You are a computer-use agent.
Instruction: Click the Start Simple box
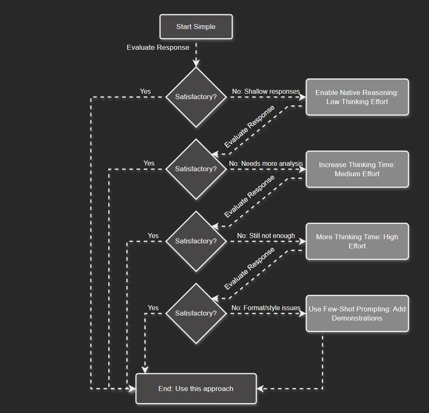196,27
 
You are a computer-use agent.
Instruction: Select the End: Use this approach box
196,389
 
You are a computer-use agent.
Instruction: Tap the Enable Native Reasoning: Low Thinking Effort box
357,97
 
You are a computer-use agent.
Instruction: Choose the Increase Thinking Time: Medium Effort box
357,169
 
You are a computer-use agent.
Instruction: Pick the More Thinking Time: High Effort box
357,241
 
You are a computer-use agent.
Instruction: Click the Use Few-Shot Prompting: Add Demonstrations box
357,313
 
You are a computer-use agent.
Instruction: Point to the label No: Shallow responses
266,91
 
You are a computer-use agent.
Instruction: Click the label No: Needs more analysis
266,163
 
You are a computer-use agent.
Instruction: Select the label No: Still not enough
266,236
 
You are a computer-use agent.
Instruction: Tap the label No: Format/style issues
266,308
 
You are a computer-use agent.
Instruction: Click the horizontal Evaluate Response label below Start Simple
158,47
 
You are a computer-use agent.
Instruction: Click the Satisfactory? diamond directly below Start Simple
196,97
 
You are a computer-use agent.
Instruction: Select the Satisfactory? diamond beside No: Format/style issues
196,313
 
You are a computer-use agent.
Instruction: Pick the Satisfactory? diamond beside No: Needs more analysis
196,169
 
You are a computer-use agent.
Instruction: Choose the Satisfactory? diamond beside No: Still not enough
196,241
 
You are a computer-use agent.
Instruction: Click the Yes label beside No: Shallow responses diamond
145,91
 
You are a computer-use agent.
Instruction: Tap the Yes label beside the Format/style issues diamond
153,308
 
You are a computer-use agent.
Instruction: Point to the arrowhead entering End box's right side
260,389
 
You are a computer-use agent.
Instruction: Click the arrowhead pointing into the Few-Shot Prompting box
303,313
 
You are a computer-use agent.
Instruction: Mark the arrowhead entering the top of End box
145,369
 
